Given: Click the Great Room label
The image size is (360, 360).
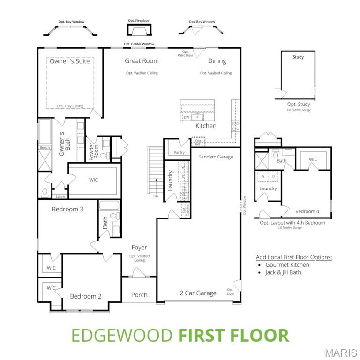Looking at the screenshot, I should pyautogui.click(x=142, y=61).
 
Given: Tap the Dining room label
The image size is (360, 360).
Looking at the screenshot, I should pyautogui.click(x=217, y=61).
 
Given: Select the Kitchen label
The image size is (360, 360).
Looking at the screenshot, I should pyautogui.click(x=206, y=126).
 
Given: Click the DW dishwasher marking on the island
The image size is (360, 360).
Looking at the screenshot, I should pyautogui.click(x=187, y=117).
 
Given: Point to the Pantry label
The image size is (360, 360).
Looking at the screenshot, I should pyautogui.click(x=179, y=153).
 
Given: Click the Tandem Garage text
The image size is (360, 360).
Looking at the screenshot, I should pyautogui.click(x=216, y=157).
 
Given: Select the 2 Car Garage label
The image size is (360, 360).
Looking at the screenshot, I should pyautogui.click(x=198, y=293).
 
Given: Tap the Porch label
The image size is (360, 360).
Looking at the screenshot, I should pyautogui.click(x=139, y=295).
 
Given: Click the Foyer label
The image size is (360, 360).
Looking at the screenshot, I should pyautogui.click(x=139, y=247).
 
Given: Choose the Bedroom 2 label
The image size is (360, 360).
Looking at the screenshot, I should pyautogui.click(x=86, y=296).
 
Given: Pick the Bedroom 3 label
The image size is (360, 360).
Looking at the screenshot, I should pyautogui.click(x=67, y=209).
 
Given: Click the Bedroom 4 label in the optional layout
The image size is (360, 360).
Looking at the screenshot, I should pyautogui.click(x=308, y=211).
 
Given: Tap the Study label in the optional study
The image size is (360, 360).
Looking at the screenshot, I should pyautogui.click(x=298, y=57).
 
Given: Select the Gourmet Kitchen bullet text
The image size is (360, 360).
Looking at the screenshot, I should pyautogui.click(x=287, y=265).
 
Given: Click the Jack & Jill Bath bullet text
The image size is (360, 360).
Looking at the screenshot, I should pyautogui.click(x=283, y=272).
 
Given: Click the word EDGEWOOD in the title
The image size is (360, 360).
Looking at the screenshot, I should pyautogui.click(x=122, y=336).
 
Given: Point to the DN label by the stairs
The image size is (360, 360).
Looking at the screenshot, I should pyautogui.click(x=156, y=196).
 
